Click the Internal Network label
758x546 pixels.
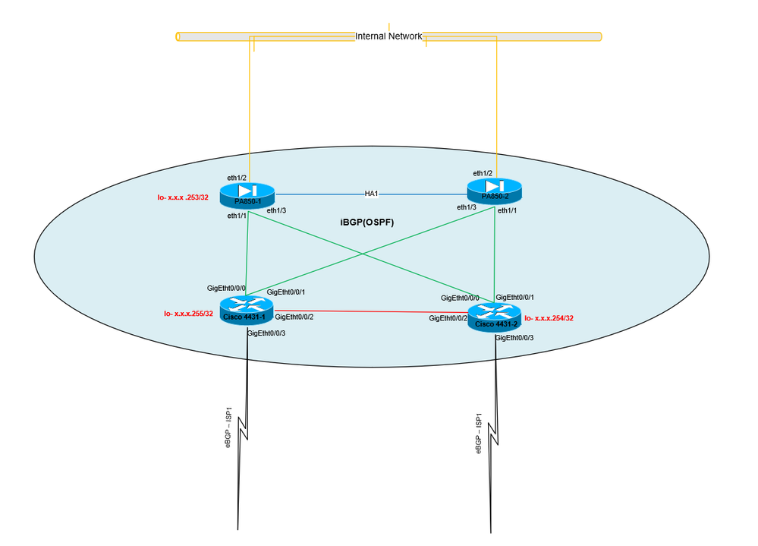tap(388, 36)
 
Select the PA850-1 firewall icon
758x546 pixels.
tap(247, 195)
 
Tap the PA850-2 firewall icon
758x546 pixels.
tap(494, 191)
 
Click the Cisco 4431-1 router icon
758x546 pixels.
tap(246, 309)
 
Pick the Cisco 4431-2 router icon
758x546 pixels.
tap(495, 317)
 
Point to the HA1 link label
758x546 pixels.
tap(371, 194)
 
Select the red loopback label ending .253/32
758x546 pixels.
tap(183, 197)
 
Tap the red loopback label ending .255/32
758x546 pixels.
tap(188, 314)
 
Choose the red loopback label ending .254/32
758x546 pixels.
tap(549, 319)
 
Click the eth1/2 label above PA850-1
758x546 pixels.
tap(237, 178)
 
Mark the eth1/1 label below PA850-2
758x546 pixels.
tap(508, 210)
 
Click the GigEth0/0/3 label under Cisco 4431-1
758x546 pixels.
tap(267, 333)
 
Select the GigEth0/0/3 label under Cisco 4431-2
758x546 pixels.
tap(514, 337)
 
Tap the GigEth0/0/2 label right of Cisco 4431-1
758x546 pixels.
tap(294, 317)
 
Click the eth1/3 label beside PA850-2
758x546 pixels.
tap(467, 207)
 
